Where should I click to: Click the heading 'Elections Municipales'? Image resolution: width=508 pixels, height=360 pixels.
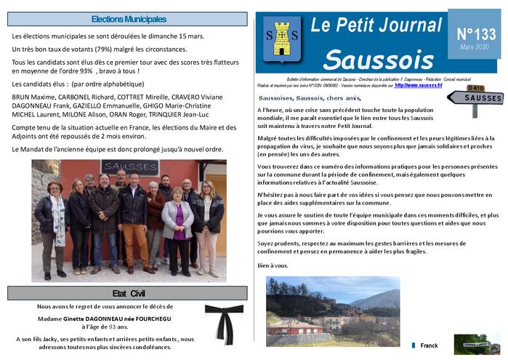(x=129, y=19)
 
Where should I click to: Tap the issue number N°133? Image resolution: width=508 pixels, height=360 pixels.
(x=475, y=33)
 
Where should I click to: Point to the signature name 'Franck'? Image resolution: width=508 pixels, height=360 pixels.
(x=429, y=346)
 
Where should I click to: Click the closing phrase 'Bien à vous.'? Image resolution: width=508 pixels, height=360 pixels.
(x=273, y=265)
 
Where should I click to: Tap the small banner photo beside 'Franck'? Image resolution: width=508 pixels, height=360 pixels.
(x=475, y=344)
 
